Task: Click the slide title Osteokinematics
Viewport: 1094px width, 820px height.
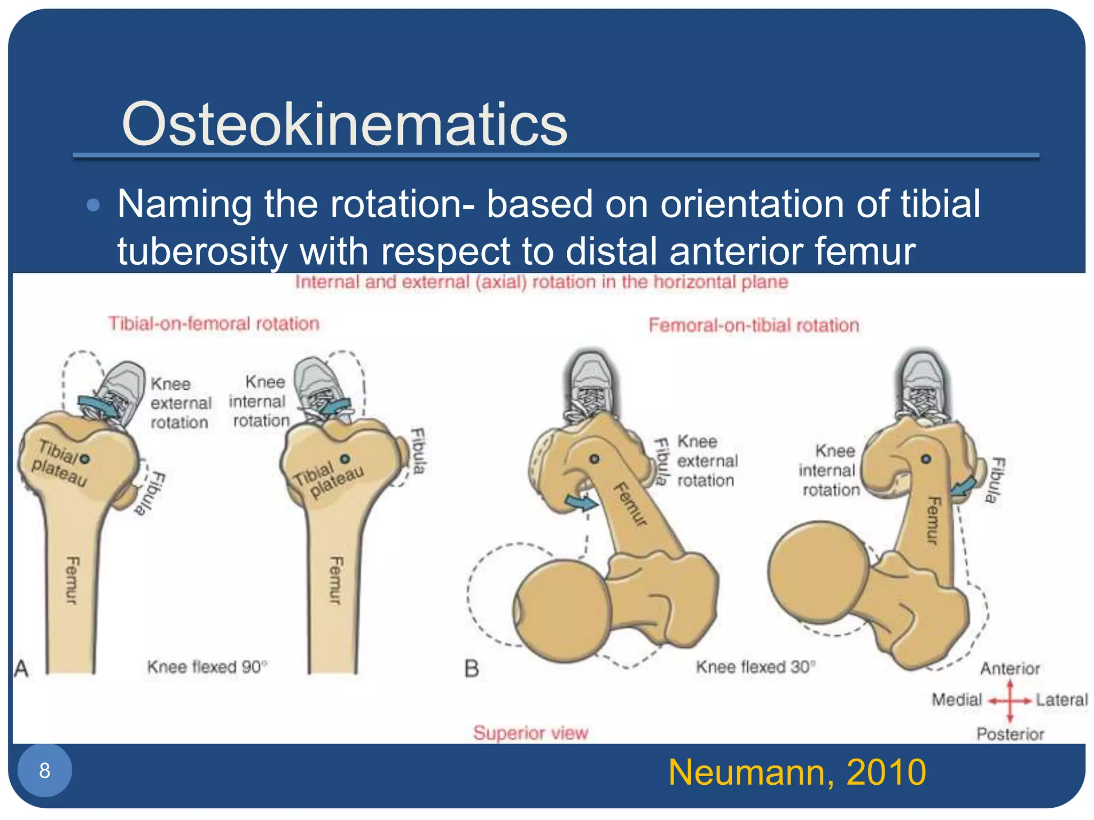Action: [345, 124]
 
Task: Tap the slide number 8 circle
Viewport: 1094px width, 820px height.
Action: [45, 770]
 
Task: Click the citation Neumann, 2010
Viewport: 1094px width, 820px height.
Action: [796, 772]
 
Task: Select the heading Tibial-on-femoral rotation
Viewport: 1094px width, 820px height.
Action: [214, 324]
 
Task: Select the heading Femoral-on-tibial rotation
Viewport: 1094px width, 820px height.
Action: [753, 325]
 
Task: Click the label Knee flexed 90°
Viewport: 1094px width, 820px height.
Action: [207, 667]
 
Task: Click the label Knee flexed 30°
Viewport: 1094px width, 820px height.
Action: [755, 667]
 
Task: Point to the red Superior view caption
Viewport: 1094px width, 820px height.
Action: [530, 732]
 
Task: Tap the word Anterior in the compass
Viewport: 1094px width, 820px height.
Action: [1010, 668]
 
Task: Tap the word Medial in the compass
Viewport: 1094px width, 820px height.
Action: [957, 700]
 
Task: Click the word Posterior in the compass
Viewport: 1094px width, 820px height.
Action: [1010, 734]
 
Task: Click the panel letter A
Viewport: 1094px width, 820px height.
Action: [21, 668]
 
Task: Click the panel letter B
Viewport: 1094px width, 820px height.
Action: [472, 668]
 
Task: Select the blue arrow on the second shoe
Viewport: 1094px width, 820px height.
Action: [335, 407]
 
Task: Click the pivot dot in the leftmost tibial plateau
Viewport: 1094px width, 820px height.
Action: [85, 459]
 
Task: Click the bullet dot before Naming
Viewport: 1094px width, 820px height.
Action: [93, 206]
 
